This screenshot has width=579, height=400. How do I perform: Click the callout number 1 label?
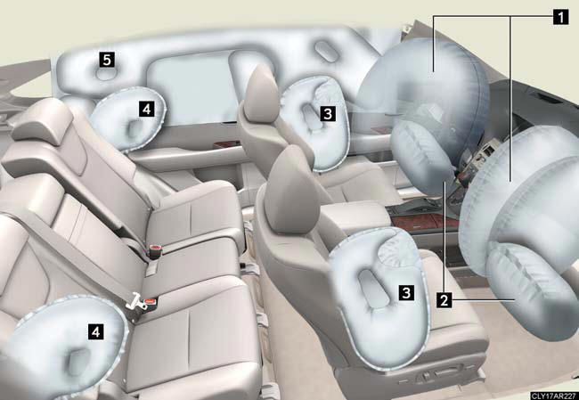tap(560, 17)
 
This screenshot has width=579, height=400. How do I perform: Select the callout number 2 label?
tap(444, 299)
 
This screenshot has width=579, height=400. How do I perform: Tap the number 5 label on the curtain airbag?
tap(107, 60)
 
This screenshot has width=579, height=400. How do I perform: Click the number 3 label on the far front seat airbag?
tap(328, 113)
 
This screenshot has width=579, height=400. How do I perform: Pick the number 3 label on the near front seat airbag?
tap(406, 292)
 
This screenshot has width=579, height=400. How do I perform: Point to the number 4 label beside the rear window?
tap(147, 109)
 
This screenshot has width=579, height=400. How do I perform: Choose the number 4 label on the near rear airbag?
tap(95, 331)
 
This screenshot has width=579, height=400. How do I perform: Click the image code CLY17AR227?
tap(555, 396)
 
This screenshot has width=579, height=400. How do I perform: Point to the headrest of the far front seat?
tap(261, 94)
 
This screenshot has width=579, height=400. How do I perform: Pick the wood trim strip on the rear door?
tap(226, 143)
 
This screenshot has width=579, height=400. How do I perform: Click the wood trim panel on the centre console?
tap(421, 222)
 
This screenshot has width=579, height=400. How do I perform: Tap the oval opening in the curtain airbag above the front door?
tap(327, 51)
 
